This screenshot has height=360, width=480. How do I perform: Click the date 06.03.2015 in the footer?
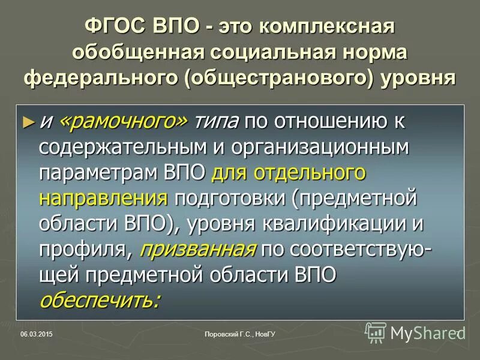click(36, 333)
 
